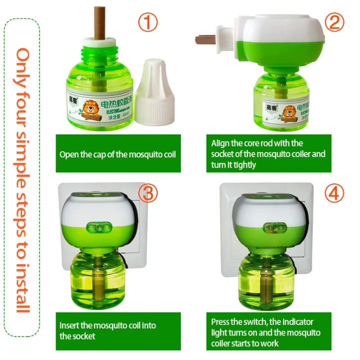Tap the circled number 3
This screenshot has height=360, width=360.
[x=149, y=193]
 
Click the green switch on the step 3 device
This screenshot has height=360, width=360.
[x=98, y=228]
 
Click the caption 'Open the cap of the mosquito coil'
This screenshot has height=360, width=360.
[x=117, y=154]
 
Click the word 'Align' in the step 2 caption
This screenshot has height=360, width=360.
[x=220, y=143]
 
